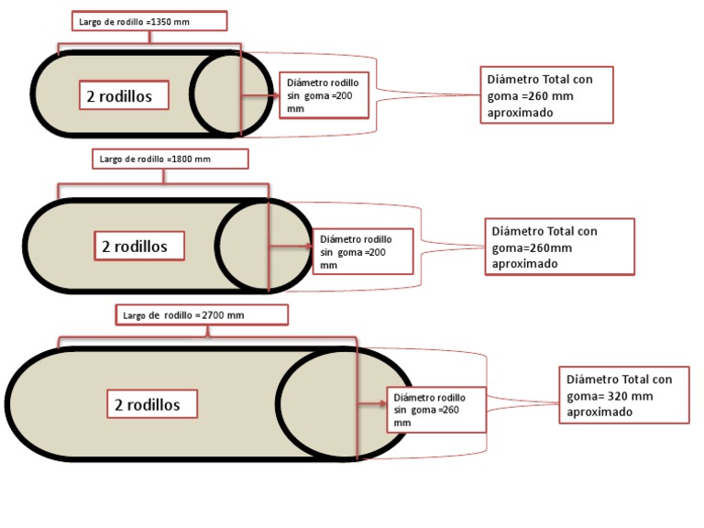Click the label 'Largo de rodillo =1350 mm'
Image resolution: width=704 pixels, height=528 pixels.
(148, 21)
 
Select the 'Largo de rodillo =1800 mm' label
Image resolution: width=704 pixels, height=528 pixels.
(170, 159)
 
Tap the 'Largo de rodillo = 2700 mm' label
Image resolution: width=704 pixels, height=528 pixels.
(202, 314)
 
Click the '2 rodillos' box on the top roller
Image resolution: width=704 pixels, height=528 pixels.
(126, 94)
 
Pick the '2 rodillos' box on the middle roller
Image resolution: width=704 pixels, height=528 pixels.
(141, 246)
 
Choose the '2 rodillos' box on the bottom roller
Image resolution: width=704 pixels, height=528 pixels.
(154, 404)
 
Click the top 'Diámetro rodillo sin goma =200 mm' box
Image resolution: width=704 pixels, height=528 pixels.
(324, 94)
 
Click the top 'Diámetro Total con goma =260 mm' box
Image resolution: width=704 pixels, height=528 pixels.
(546, 94)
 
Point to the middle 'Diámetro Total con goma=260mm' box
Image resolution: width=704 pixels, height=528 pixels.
(559, 247)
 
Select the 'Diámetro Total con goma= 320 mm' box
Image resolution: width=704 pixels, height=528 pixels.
(623, 394)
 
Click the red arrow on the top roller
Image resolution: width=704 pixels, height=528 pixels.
(260, 94)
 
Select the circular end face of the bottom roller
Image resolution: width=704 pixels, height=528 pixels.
(321, 403)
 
